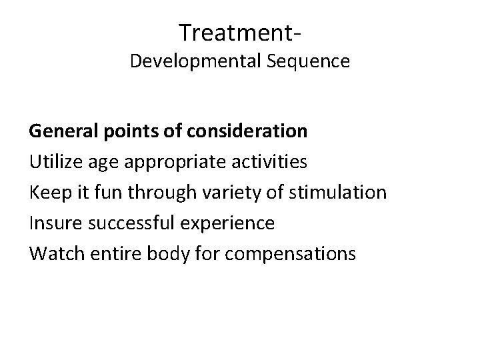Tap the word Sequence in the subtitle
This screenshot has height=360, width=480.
(307, 61)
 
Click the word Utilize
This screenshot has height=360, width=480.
(53, 161)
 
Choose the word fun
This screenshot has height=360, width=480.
(104, 193)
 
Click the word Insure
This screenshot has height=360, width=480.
(51, 223)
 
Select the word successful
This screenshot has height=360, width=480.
(125, 223)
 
